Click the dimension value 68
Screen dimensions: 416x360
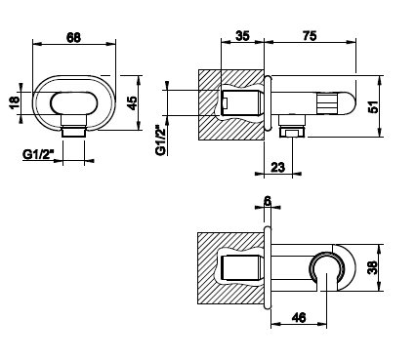pos(73,37)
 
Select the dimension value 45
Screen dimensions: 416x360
pos(132,103)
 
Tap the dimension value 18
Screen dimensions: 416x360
pos(15,103)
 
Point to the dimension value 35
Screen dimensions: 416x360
pos(242,36)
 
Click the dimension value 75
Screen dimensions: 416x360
pos(310,36)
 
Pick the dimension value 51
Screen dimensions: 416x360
pos(374,106)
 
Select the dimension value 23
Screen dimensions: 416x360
pos(277,168)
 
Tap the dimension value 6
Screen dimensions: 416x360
pos(268,202)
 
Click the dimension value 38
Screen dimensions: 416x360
pos(373,267)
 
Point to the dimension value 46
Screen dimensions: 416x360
pos(299,318)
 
